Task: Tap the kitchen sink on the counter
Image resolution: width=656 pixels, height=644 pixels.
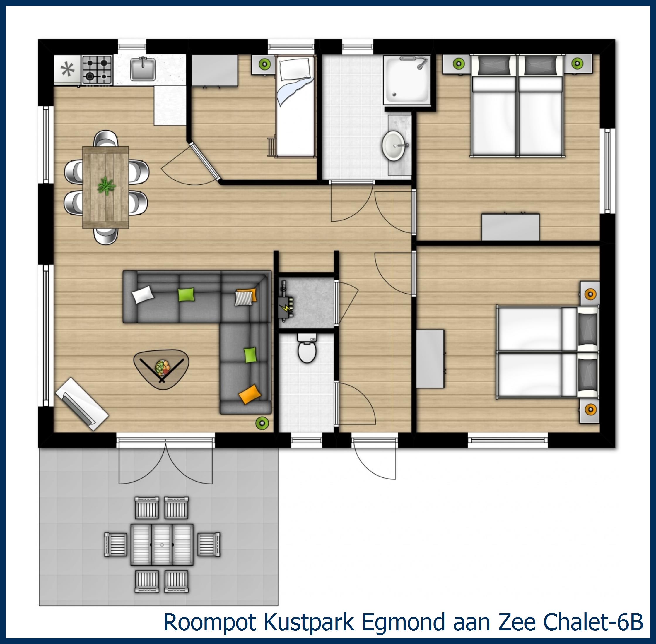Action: (x=143, y=69)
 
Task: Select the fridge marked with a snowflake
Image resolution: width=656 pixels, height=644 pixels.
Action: (x=67, y=70)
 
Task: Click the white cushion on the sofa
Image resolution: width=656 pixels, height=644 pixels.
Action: (x=142, y=294)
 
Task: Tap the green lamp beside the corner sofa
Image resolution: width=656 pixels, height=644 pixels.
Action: (x=262, y=422)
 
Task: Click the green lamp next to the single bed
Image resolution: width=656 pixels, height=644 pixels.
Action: (x=264, y=63)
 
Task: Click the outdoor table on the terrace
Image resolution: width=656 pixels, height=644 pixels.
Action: (x=162, y=544)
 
